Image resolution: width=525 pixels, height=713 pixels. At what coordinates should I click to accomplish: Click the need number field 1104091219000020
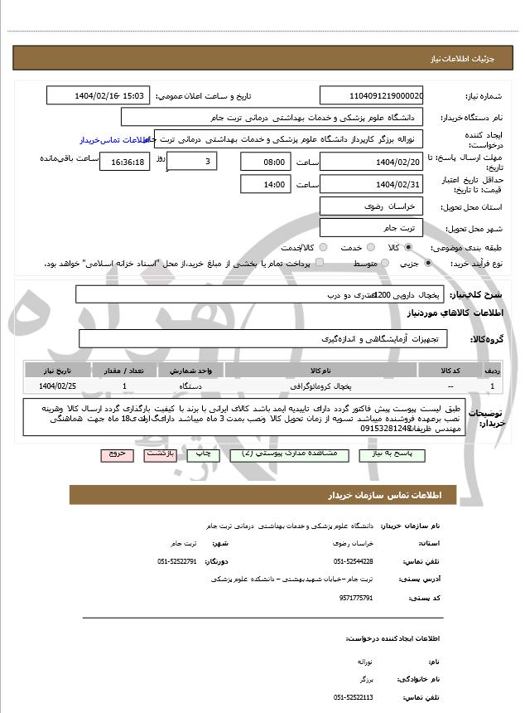pyautogui.click(x=371, y=95)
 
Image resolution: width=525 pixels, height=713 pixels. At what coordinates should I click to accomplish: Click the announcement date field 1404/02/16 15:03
pyautogui.click(x=98, y=95)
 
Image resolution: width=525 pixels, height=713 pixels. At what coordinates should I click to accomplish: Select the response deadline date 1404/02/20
pyautogui.click(x=371, y=162)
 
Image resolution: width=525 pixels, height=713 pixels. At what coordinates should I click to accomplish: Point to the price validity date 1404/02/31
pyautogui.click(x=371, y=184)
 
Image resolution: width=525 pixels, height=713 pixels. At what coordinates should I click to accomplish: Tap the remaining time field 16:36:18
pyautogui.click(x=124, y=162)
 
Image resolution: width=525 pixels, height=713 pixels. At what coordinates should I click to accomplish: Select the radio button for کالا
pyautogui.click(x=407, y=247)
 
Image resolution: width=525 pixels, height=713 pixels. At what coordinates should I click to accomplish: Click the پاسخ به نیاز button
pyautogui.click(x=393, y=455)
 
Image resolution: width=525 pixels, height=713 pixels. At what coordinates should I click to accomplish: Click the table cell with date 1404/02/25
pyautogui.click(x=58, y=386)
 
